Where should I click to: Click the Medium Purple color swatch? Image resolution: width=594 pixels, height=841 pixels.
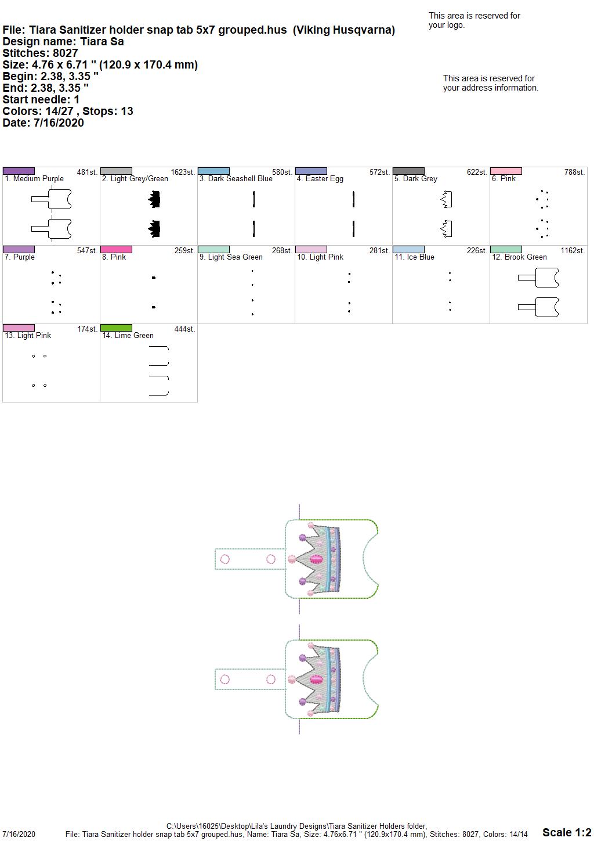click(19, 171)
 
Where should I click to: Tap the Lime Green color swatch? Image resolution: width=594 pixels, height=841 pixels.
click(116, 328)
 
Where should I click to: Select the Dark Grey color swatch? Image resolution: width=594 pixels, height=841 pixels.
click(409, 171)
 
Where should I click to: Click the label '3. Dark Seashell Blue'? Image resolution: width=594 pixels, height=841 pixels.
click(236, 179)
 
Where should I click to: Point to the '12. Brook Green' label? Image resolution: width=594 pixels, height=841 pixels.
click(519, 257)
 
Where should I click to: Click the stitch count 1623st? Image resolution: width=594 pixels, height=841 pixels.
click(183, 172)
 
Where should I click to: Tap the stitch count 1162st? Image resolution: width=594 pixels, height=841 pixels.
click(573, 251)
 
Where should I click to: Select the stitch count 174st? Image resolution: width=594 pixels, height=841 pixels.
click(88, 329)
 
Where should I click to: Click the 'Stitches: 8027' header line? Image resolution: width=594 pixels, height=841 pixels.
click(40, 53)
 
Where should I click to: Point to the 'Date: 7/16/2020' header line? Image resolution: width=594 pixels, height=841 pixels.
click(43, 123)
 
